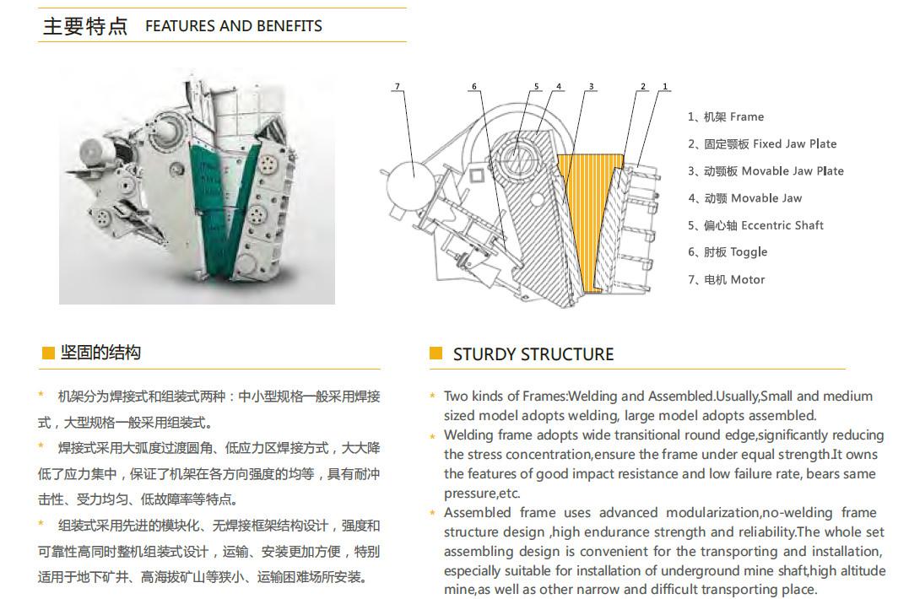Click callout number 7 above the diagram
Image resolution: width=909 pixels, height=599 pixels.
pos(398,86)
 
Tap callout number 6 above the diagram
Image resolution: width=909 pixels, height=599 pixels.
pos(474,86)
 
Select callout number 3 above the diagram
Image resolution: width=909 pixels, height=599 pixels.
pos(592,86)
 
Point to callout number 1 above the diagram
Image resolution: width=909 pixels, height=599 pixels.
pos(665,86)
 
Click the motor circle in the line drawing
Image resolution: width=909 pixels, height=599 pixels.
pos(410,183)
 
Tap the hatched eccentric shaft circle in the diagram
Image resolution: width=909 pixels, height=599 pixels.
pos(514,154)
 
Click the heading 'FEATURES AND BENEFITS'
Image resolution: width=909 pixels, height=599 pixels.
pos(234,26)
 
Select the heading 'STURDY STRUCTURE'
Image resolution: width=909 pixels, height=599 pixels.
pos(533,354)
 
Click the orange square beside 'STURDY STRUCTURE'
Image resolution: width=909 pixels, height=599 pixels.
pos(436,353)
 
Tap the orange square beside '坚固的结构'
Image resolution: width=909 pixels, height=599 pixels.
pos(49,353)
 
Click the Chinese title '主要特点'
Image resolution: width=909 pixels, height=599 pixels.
pos(85,26)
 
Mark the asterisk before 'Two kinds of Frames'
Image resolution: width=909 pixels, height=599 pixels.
pos(432,397)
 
